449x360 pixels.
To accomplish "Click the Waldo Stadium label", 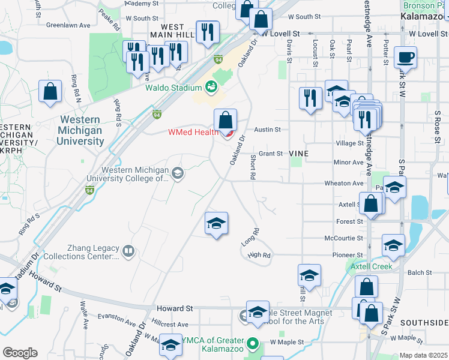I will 173,88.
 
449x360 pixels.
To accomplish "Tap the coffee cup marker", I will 405,58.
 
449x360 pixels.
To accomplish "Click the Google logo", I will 20,353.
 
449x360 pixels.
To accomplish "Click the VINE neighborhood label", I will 298,154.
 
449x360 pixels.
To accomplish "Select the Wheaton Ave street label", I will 344,183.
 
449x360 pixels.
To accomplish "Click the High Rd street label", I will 259,255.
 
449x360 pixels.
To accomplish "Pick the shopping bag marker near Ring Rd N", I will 50,92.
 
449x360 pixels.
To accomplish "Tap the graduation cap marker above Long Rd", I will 216,224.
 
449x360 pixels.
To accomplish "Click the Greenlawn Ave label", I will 68,25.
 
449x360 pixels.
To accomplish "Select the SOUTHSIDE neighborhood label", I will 424,322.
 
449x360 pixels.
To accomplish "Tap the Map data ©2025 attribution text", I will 424,355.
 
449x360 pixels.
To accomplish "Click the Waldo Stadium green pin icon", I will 211,88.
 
